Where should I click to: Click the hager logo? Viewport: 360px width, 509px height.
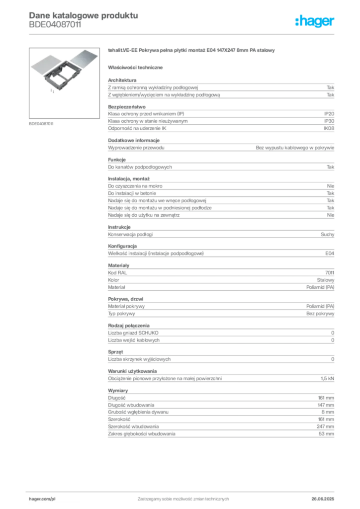[x=314, y=21]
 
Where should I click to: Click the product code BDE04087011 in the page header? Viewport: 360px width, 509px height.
[x=55, y=24]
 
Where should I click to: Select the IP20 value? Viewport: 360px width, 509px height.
[x=329, y=114]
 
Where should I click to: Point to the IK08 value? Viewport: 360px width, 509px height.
[x=329, y=128]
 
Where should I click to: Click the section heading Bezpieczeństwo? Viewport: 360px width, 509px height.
[x=127, y=107]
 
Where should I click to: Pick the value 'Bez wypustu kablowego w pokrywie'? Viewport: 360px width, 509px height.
[x=295, y=148]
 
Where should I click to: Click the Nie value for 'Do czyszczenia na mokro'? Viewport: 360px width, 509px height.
[x=331, y=186]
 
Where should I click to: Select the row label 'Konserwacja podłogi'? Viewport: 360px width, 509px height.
[x=130, y=235]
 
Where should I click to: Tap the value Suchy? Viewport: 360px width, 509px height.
[x=327, y=235]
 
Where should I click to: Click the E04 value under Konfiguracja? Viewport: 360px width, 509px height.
[x=330, y=253]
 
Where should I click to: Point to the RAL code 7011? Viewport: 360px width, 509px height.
[x=330, y=273]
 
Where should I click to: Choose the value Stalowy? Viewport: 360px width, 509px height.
[x=325, y=280]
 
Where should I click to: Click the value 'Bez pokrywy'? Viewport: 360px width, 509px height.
[x=320, y=314]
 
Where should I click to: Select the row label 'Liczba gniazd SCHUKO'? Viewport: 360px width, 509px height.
[x=133, y=333]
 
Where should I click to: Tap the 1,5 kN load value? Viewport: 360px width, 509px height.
[x=327, y=378]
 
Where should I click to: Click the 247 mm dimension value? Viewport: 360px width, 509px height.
[x=325, y=426]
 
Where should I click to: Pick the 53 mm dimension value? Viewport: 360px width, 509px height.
[x=326, y=433]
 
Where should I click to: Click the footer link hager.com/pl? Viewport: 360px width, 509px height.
[x=42, y=499]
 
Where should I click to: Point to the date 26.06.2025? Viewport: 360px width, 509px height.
[x=323, y=499]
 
